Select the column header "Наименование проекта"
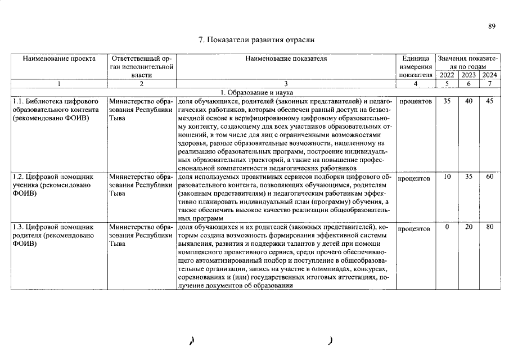(58, 58)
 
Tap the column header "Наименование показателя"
(286, 58)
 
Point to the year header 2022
(447, 75)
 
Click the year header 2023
(468, 75)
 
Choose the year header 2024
(490, 75)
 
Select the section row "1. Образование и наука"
(256, 92)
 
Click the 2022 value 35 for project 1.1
(447, 101)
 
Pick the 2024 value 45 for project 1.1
(490, 101)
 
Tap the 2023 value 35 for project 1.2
(468, 177)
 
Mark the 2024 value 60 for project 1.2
(490, 177)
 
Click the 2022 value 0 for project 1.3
(447, 227)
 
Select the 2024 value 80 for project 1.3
(490, 227)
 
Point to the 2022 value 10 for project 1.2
(447, 177)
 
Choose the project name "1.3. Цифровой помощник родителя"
(52, 236)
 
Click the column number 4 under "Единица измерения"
(416, 84)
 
